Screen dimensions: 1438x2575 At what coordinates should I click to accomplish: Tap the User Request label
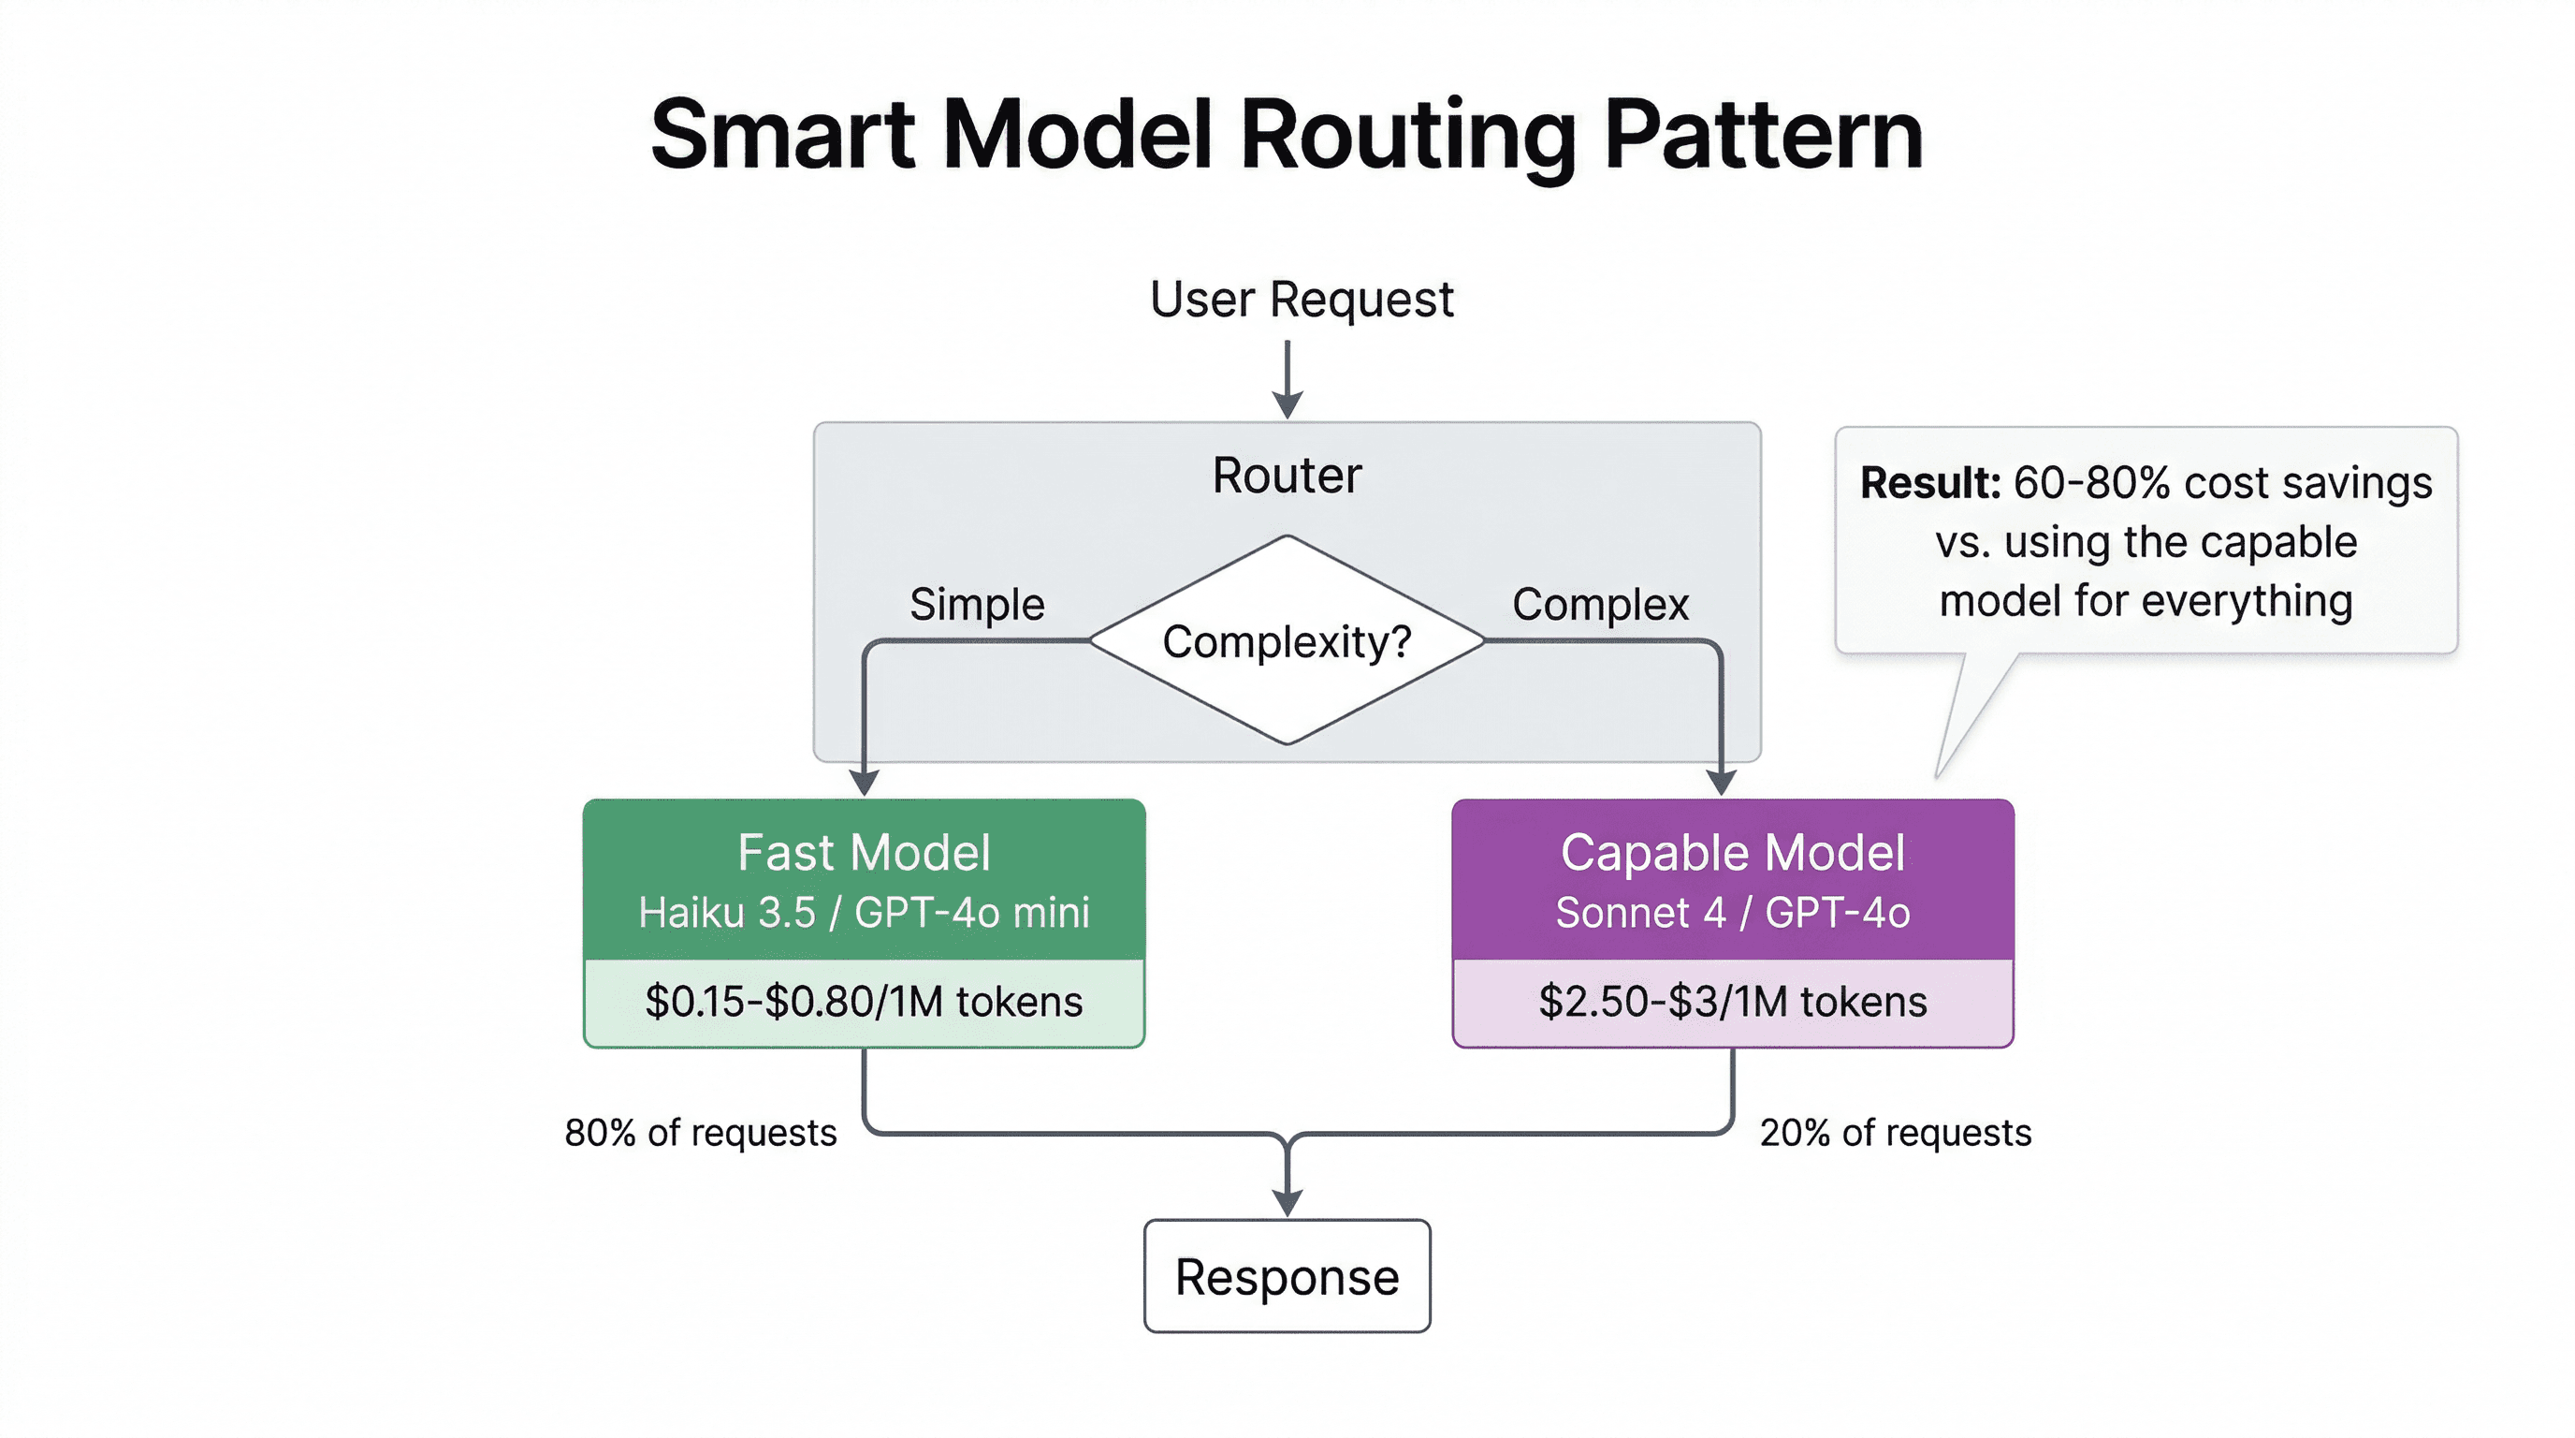1302,299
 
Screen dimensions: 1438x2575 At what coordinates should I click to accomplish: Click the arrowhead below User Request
1287,405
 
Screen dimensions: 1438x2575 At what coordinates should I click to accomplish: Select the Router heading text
1287,475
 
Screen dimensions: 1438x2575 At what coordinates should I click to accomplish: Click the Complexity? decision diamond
1287,641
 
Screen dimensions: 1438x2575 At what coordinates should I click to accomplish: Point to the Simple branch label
977,604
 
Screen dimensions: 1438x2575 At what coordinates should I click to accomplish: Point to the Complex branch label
1600,604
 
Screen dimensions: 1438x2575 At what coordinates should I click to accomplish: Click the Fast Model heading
864,853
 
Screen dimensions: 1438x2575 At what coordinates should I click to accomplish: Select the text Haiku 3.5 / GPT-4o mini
864,912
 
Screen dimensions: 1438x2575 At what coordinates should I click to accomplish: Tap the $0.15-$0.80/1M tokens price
864,1001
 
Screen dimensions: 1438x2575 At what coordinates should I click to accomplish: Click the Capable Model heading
1732,853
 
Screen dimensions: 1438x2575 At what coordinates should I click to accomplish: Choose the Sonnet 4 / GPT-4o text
1732,912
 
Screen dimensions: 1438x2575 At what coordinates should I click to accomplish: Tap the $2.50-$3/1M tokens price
1732,1001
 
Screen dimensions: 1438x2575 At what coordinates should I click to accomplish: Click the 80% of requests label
700,1132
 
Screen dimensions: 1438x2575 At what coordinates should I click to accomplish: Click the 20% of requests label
1896,1132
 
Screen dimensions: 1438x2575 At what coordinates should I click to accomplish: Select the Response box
1287,1276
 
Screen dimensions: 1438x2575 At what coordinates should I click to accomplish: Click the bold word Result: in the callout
1929,483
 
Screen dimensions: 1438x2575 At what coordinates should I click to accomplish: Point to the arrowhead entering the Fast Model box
864,782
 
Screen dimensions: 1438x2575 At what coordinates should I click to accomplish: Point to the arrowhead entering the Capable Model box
1721,782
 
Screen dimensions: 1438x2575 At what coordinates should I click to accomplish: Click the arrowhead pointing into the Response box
1287,1203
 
